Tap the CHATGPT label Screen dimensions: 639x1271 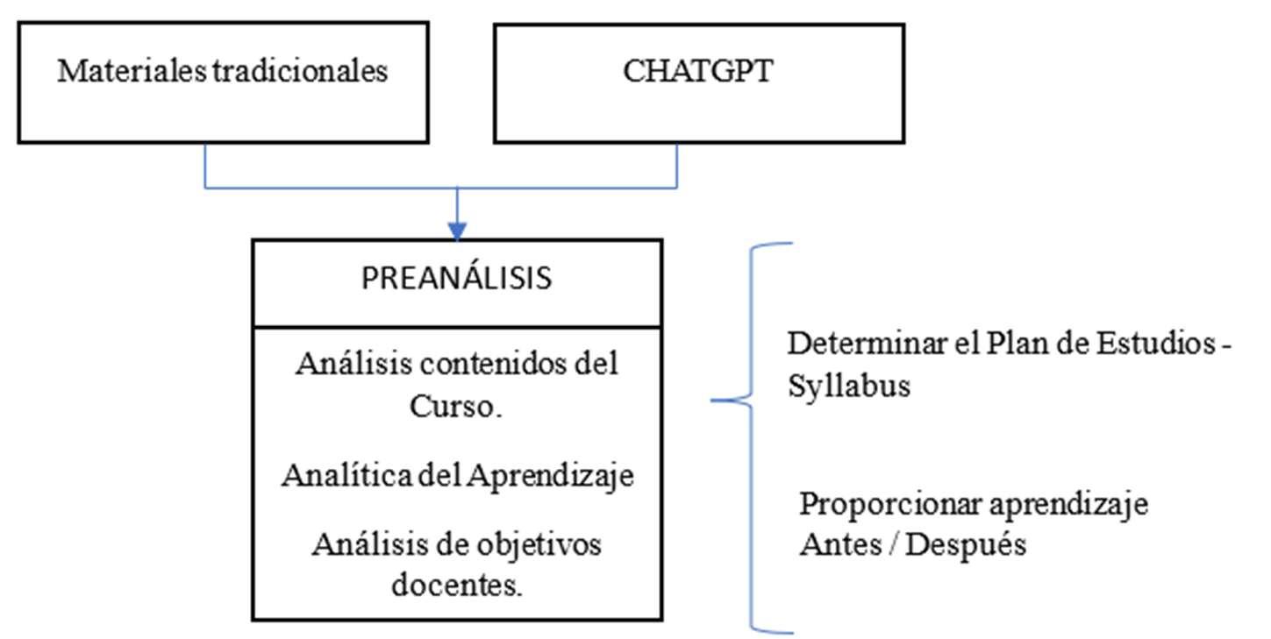(x=698, y=70)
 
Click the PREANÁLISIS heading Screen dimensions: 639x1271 (x=456, y=279)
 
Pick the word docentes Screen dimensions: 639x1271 (x=456, y=584)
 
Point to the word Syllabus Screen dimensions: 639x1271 (x=848, y=387)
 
